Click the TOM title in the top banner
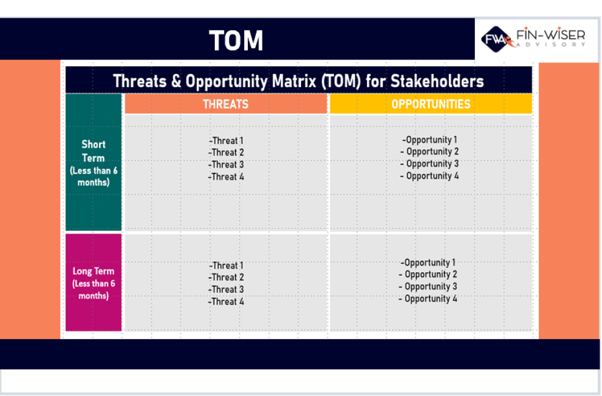pyautogui.click(x=236, y=40)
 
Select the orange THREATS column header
pyautogui.click(x=226, y=104)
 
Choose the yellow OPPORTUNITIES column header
pyautogui.click(x=431, y=104)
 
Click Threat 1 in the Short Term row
pyautogui.click(x=226, y=140)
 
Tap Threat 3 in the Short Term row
pyautogui.click(x=226, y=164)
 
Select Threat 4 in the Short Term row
pyautogui.click(x=226, y=177)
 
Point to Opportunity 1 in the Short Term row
pyautogui.click(x=430, y=140)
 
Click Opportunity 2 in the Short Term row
pyautogui.click(x=430, y=151)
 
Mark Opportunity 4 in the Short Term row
pyautogui.click(x=430, y=176)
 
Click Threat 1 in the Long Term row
pyautogui.click(x=226, y=265)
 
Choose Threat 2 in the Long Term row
pyautogui.click(x=226, y=277)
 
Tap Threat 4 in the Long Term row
pyautogui.click(x=226, y=302)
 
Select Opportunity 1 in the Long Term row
pyautogui.click(x=428, y=262)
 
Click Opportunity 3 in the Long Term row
pyautogui.click(x=428, y=286)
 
